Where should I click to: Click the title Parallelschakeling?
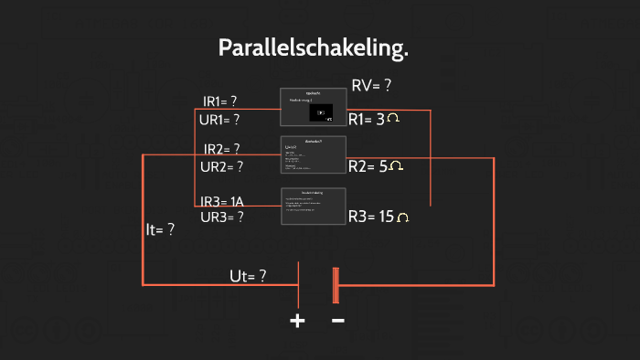pos(313,48)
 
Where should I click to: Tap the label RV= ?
pos(371,86)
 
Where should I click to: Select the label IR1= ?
pos(220,101)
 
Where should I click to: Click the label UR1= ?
pos(219,119)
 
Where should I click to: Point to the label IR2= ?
pos(221,149)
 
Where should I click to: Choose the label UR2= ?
pos(221,166)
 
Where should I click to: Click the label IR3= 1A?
pos(223,201)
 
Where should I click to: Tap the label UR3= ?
pos(221,217)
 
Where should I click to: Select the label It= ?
pos(160,230)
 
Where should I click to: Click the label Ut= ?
pos(248,276)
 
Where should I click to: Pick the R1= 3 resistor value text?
pos(367,119)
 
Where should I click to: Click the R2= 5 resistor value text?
pos(368,166)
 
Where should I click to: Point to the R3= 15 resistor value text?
pos(371,217)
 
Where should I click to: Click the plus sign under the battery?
pos(297,321)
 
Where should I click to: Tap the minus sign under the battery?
pos(337,321)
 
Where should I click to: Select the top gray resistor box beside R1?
pos(312,107)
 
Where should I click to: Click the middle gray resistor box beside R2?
pos(312,154)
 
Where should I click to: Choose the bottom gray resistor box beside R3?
pos(312,206)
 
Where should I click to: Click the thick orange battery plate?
pos(336,285)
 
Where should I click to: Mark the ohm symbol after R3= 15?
pos(402,217)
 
